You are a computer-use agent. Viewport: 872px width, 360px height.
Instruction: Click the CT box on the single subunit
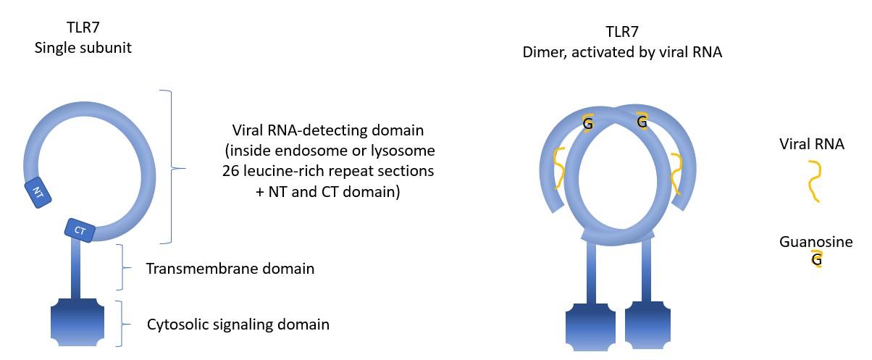pos(80,230)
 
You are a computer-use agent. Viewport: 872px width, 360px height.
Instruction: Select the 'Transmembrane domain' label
pos(230,269)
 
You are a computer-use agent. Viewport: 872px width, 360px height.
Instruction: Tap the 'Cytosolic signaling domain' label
pos(238,324)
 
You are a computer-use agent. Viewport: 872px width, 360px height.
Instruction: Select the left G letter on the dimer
pos(588,125)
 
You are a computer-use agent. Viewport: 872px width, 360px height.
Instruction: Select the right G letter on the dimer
pos(642,123)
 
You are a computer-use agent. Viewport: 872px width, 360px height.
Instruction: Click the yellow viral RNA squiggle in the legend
pos(813,181)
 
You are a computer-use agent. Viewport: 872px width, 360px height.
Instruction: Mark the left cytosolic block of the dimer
pos(592,325)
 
